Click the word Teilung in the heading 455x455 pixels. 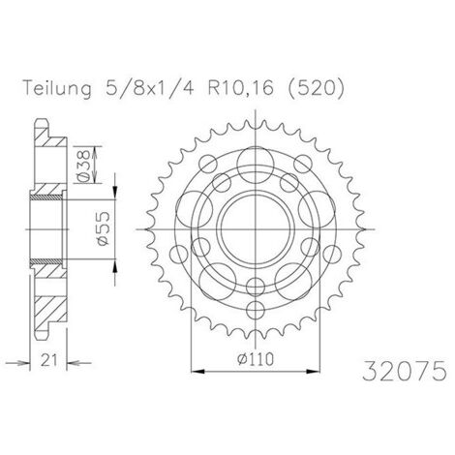[57, 88]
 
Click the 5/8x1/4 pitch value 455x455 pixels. [150, 88]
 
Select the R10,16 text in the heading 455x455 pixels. [240, 88]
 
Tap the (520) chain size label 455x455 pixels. [316, 88]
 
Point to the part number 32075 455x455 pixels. [405, 371]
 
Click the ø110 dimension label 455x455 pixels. [256, 359]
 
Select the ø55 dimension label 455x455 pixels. [104, 228]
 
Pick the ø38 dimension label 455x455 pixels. [83, 166]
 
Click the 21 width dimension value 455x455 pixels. [49, 360]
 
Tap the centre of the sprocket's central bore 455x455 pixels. [256, 229]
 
